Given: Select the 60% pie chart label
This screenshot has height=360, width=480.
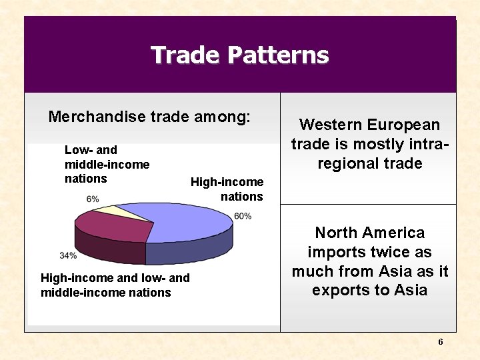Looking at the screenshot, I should [x=243, y=216].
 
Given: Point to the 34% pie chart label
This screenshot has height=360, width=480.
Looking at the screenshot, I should [x=67, y=255].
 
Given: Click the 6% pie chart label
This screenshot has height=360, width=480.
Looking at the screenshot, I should [x=93, y=199].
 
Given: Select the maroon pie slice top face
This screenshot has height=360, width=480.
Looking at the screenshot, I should [x=113, y=227].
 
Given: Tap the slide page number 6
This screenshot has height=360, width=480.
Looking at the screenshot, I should [x=440, y=342].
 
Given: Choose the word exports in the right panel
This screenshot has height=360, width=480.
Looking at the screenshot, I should [x=337, y=290].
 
